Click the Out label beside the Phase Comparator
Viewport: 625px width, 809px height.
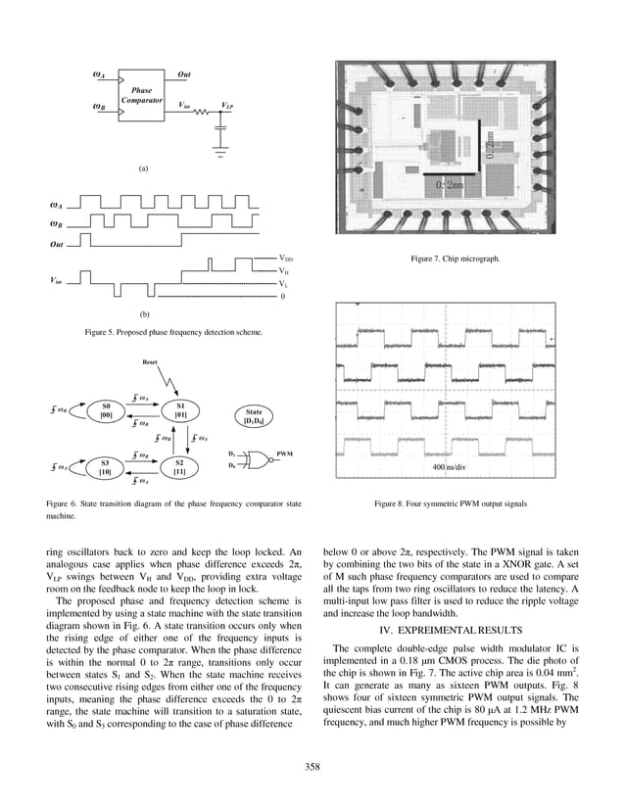[x=183, y=74]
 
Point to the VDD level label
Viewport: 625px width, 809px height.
[x=286, y=258]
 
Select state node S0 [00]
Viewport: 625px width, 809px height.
[x=106, y=410]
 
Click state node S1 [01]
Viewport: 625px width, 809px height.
[x=179, y=410]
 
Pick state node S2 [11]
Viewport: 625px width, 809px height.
[x=179, y=466]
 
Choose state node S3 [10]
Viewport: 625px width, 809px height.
[x=106, y=466]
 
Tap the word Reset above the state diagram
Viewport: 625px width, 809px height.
[x=150, y=361]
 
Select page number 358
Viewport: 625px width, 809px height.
[x=312, y=767]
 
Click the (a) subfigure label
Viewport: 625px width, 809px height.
[x=143, y=168]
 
